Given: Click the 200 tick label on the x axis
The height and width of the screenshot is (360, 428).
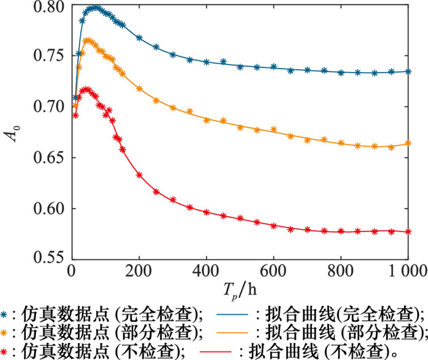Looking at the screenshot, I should pyautogui.click(x=139, y=270).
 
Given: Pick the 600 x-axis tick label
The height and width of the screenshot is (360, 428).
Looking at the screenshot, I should pyautogui.click(x=274, y=270).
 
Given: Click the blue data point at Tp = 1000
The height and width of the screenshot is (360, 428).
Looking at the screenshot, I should pyautogui.click(x=408, y=72).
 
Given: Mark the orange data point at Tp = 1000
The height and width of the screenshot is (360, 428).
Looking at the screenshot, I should pyautogui.click(x=408, y=144).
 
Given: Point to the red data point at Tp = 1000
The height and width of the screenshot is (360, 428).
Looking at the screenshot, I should pyautogui.click(x=408, y=232).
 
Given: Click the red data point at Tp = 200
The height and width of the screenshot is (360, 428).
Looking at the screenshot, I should pyautogui.click(x=139, y=175).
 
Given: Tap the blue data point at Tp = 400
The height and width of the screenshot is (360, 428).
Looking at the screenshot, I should pyautogui.click(x=207, y=62).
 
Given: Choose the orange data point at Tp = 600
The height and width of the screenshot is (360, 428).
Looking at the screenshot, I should pyautogui.click(x=274, y=130).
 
